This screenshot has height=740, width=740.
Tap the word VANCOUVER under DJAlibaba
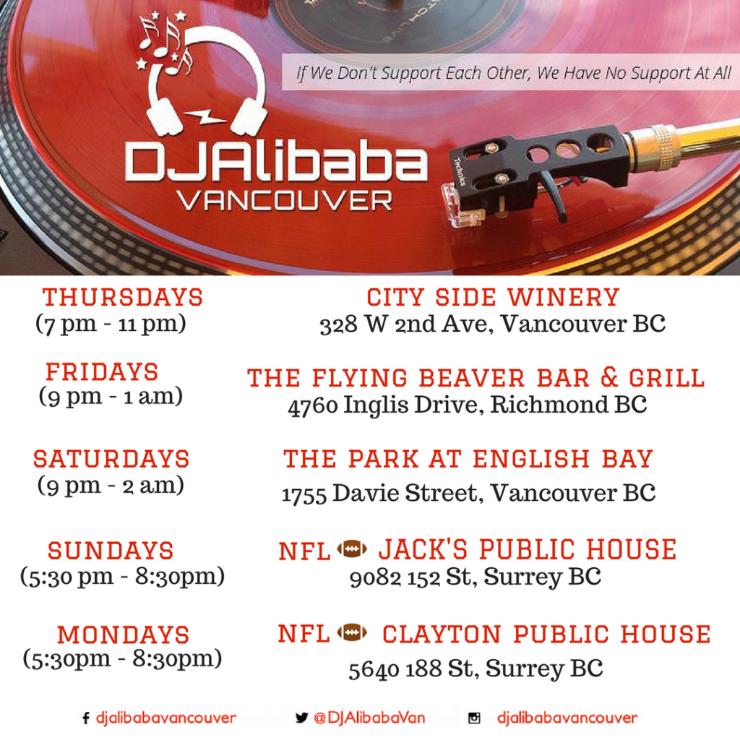pos(285,201)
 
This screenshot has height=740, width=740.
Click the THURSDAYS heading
pos(123,297)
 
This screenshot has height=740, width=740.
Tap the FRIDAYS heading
pos(102,371)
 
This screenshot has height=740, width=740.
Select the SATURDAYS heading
pos(111,459)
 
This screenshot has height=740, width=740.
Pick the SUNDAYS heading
pos(111,550)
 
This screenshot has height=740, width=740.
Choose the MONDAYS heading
pos(124,634)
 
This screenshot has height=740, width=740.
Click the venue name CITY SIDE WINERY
pos(493,297)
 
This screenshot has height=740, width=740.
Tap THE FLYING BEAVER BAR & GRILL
pos(476,378)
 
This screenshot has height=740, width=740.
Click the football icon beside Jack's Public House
pos(352,549)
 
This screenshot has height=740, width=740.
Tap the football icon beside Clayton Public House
pos(352,632)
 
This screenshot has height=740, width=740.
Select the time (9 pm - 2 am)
pos(111,485)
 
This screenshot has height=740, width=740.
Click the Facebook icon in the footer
pos(86,718)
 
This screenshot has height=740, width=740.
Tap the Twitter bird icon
pos(301,718)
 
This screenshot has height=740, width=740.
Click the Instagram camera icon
pos(474,718)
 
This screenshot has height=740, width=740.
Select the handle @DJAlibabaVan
pos(369,718)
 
